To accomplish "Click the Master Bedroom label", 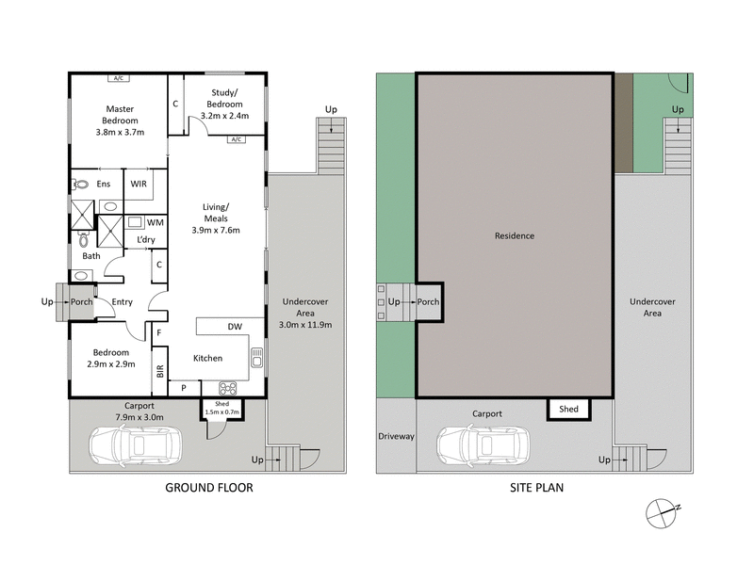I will coord(122,115).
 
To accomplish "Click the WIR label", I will coord(139,184).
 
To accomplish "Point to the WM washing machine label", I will coord(155,222).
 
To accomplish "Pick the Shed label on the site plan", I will coord(568,409).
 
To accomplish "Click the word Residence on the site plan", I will coord(516,235).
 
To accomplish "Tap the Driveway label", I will coord(395,437).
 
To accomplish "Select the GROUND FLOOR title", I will coord(209,488).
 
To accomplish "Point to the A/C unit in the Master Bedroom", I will coord(120,78).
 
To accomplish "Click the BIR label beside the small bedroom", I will coord(159,371).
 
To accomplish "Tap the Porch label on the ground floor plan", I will coord(82,301).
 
